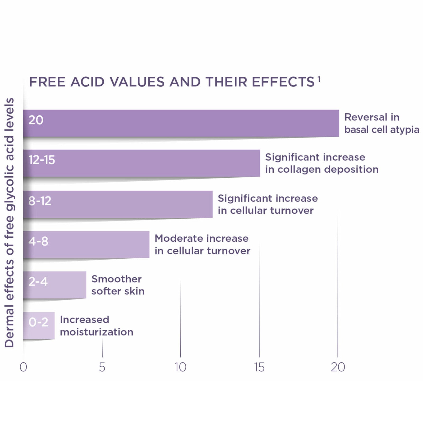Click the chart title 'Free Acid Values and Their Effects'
(x=172, y=82)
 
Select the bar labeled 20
(x=181, y=123)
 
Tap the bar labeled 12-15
(x=141, y=163)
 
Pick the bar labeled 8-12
(x=118, y=204)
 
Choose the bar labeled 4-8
(x=86, y=244)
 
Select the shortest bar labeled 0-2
(x=39, y=325)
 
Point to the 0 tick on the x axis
(x=23, y=367)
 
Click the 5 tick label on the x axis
(x=102, y=367)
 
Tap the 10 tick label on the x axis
(x=180, y=367)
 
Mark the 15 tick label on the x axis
(x=259, y=367)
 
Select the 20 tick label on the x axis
(x=338, y=367)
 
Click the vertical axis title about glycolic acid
(x=10, y=223)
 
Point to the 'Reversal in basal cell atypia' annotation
(x=381, y=123)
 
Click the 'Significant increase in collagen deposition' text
(x=322, y=163)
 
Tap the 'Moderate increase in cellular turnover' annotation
(x=202, y=245)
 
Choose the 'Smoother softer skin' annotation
(x=118, y=285)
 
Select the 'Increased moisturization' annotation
(x=96, y=326)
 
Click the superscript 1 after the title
(x=319, y=79)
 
